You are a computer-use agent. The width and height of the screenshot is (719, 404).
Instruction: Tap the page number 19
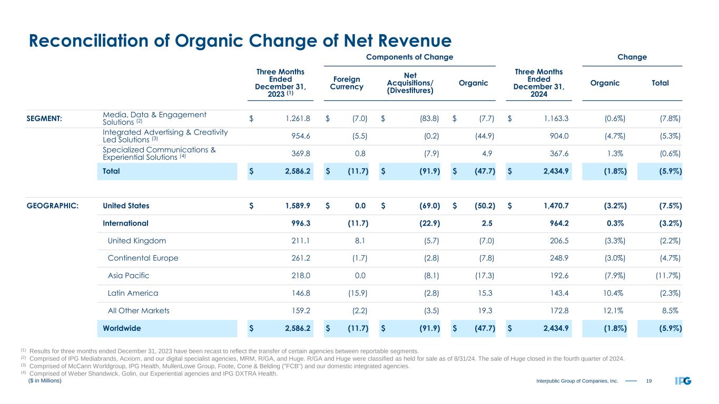648,381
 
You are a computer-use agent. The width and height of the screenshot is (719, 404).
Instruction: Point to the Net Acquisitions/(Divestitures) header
410,83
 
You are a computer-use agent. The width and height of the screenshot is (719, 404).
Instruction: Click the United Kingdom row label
136,241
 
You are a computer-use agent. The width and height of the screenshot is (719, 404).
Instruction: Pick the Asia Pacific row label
129,276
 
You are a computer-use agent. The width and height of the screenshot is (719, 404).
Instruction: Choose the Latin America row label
133,293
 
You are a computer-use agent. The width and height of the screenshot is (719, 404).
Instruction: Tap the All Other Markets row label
139,310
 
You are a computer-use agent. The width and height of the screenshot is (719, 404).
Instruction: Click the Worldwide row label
122,328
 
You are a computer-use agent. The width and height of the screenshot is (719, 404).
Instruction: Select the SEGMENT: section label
44,119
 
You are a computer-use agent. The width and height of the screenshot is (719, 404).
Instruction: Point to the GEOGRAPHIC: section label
53,206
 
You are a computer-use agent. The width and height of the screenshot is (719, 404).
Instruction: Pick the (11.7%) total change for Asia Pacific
666,276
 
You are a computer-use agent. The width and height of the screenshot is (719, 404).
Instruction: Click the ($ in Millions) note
45,381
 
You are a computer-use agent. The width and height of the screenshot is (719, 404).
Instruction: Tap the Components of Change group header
410,57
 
